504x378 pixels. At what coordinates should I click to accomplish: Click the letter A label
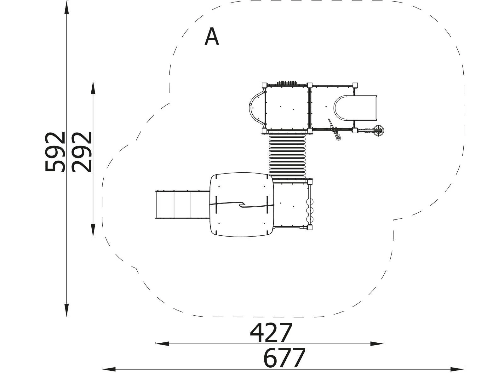(212, 37)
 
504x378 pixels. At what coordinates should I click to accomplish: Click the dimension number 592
(55, 152)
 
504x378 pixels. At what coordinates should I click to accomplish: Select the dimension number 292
(82, 152)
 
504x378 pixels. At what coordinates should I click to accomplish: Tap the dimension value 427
(271, 333)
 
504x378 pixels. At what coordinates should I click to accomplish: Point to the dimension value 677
(284, 358)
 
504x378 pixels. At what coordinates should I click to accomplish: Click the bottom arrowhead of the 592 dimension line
(66, 310)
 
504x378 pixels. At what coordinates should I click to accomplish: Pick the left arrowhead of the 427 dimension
(162, 344)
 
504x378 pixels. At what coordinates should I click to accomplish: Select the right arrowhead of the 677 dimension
(457, 369)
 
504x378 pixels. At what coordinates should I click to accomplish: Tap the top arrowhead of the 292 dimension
(93, 88)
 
